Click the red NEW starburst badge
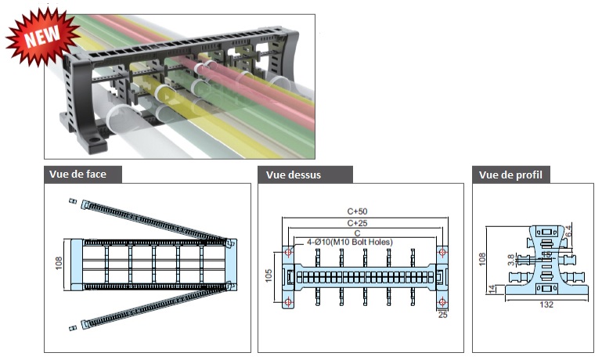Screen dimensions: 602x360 (x=41, y=36)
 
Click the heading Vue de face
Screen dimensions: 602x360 (x=78, y=175)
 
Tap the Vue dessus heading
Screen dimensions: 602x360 (x=294, y=175)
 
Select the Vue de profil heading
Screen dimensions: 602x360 (x=510, y=175)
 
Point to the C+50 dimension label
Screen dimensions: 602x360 (x=357, y=211)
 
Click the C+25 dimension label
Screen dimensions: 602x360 (x=357, y=223)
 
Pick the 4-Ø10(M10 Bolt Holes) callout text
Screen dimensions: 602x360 (x=349, y=242)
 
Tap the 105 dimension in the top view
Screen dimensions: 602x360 (x=269, y=275)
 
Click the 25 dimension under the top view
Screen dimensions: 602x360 (x=442, y=315)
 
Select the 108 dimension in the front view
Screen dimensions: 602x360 (x=59, y=263)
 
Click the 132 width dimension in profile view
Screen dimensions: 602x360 (x=546, y=304)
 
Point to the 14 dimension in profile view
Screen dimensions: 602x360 (x=492, y=290)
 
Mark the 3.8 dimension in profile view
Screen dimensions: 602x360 (x=511, y=260)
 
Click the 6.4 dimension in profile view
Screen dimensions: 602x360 (x=568, y=231)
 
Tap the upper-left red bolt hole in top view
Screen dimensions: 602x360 (x=288, y=252)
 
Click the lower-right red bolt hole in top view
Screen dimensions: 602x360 (x=442, y=302)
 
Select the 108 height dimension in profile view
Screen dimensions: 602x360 (x=482, y=259)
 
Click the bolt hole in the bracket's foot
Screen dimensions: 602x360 (x=92, y=138)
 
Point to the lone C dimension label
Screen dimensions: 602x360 (x=358, y=233)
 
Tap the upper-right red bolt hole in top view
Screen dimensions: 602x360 (x=442, y=252)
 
